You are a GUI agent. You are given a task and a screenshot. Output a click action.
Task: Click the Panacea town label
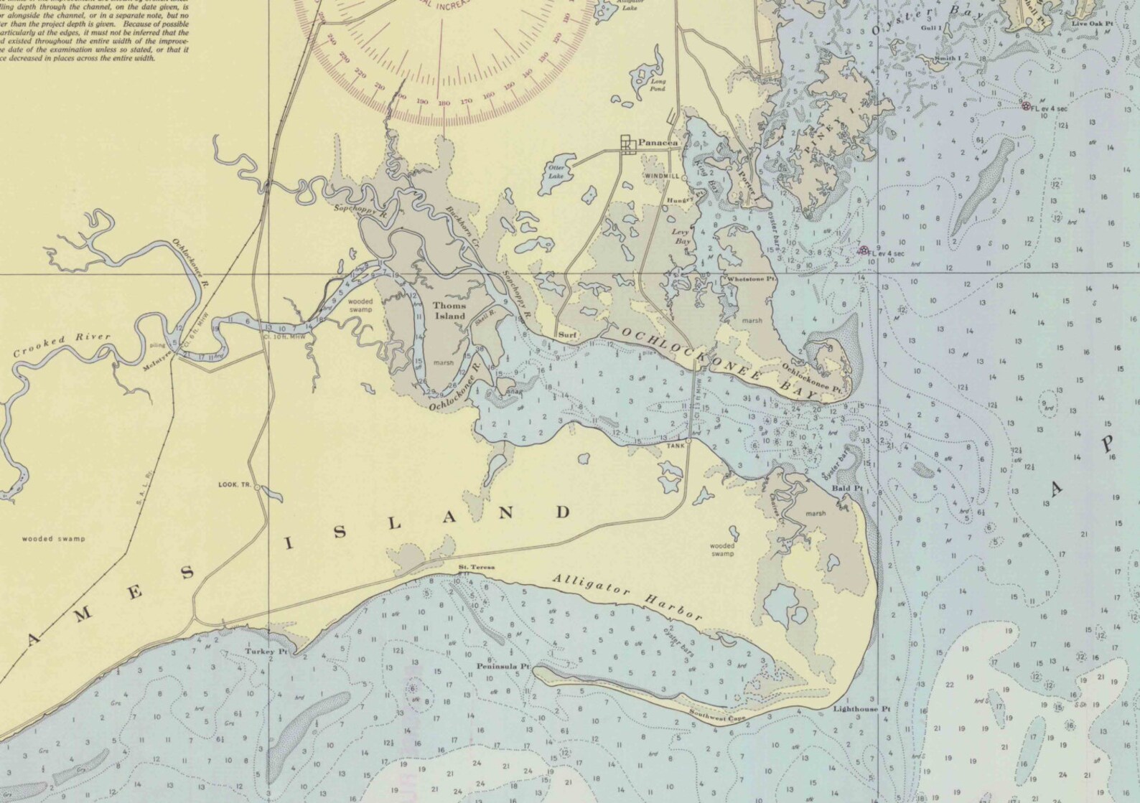coord(658,143)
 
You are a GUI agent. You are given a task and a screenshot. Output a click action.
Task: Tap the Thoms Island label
coord(449,311)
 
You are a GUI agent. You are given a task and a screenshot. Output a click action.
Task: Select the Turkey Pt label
coord(261,652)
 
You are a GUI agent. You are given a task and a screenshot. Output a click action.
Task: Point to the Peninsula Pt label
coord(503,666)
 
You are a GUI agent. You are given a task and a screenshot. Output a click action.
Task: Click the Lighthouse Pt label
coord(861,709)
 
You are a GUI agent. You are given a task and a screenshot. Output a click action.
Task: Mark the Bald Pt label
coord(846,489)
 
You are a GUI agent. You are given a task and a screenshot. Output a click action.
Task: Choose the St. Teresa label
coord(477,568)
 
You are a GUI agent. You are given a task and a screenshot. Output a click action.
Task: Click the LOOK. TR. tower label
coord(234,485)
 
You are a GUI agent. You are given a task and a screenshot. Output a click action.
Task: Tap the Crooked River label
coord(62,345)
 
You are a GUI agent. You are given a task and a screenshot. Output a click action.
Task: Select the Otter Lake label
coord(556,172)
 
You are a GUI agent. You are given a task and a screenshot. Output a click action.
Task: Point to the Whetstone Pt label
coord(752,278)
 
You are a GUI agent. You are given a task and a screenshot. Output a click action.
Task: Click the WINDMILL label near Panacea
coord(660,176)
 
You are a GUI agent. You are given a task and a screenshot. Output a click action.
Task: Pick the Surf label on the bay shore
coord(568,335)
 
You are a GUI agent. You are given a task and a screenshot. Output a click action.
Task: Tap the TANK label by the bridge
coord(676,446)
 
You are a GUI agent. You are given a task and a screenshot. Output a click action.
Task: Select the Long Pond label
coord(658,85)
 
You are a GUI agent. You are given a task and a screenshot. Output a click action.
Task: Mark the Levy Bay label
coord(681,236)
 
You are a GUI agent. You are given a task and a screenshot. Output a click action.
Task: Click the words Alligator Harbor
coord(627,597)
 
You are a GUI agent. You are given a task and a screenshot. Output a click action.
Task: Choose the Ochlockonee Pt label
coord(812,377)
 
